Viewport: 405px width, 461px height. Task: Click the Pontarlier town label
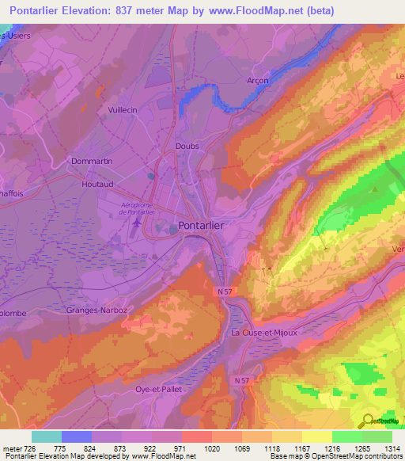pyautogui.click(x=202, y=225)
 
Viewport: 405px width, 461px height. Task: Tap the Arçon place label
pyautogui.click(x=257, y=81)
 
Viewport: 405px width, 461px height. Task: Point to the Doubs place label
pyautogui.click(x=187, y=147)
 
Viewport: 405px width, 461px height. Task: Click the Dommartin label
pyautogui.click(x=93, y=161)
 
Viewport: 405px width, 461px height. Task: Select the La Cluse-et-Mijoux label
pyautogui.click(x=263, y=333)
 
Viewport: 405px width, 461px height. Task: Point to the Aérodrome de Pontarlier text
pyautogui.click(x=139, y=208)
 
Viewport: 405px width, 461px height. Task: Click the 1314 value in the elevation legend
pyautogui.click(x=391, y=449)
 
